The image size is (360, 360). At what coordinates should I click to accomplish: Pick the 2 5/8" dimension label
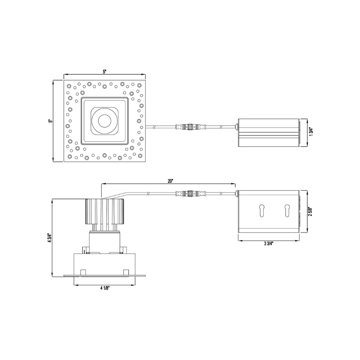click(311, 211)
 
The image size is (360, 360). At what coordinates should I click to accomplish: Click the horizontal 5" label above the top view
click(104, 72)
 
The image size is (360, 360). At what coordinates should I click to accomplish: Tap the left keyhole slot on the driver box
click(261, 210)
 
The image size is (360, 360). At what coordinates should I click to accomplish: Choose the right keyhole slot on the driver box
click(286, 210)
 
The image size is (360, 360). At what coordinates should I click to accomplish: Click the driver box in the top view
click(268, 131)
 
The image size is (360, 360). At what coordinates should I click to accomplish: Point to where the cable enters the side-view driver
click(237, 194)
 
